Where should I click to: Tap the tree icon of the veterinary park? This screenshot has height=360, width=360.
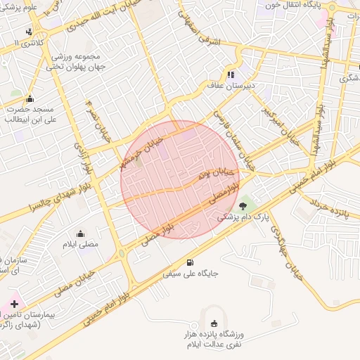click(243, 206)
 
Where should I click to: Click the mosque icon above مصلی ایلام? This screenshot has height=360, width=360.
click(80, 233)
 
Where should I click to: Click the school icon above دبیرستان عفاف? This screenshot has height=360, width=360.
click(231, 75)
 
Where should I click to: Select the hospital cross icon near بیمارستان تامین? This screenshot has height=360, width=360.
click(15, 304)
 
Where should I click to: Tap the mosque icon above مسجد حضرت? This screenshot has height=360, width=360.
click(30, 98)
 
